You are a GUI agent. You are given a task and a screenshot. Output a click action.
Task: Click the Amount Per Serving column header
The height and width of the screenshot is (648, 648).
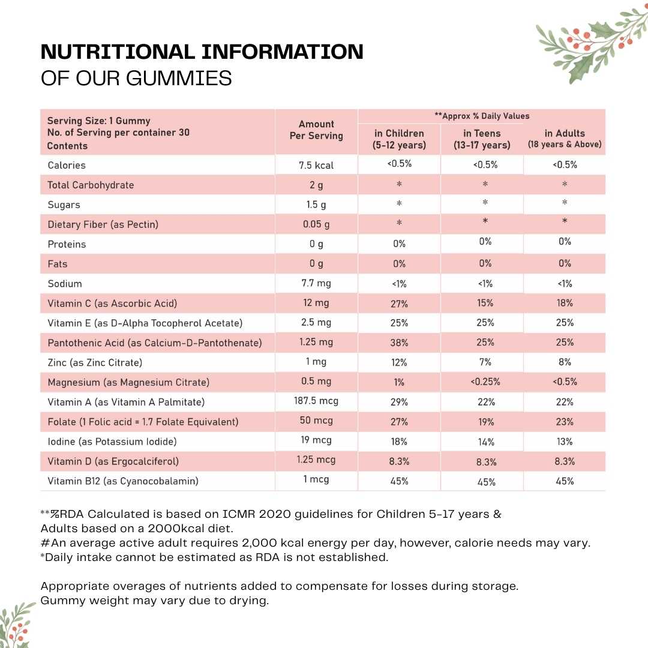click(316, 130)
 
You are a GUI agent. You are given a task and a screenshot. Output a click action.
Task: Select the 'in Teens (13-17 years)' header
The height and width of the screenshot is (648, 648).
click(482, 139)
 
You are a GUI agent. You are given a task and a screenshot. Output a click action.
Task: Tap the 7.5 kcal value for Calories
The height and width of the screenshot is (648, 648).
click(316, 165)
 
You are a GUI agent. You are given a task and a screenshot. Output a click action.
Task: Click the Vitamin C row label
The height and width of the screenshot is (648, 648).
click(112, 304)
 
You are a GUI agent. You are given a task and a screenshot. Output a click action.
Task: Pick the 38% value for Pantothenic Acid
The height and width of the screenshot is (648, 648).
click(399, 343)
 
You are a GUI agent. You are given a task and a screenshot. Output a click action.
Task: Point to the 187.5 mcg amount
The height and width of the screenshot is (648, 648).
click(316, 401)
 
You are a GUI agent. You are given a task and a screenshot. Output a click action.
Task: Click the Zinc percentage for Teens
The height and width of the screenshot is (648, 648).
click(485, 362)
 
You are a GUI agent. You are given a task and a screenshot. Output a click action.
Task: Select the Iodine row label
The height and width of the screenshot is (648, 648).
click(112, 442)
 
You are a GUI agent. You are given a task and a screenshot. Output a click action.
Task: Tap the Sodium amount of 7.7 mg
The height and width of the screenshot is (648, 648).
click(316, 284)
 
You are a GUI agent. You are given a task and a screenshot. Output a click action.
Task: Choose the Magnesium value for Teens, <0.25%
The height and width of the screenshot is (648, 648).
click(485, 382)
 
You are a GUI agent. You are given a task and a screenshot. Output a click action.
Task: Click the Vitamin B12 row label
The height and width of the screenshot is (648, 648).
click(123, 481)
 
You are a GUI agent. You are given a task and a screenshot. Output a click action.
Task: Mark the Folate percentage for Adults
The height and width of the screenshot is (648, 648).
click(565, 422)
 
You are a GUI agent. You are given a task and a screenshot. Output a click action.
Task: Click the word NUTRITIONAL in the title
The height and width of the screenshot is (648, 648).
click(118, 52)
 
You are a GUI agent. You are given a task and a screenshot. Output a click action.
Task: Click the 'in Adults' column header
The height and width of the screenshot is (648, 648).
click(565, 139)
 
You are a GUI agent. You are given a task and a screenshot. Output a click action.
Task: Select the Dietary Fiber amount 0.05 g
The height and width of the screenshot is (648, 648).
click(316, 224)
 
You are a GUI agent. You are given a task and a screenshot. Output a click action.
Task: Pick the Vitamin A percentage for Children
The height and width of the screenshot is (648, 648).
click(399, 402)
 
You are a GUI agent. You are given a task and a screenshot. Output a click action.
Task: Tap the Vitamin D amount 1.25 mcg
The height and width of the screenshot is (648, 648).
click(316, 461)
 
